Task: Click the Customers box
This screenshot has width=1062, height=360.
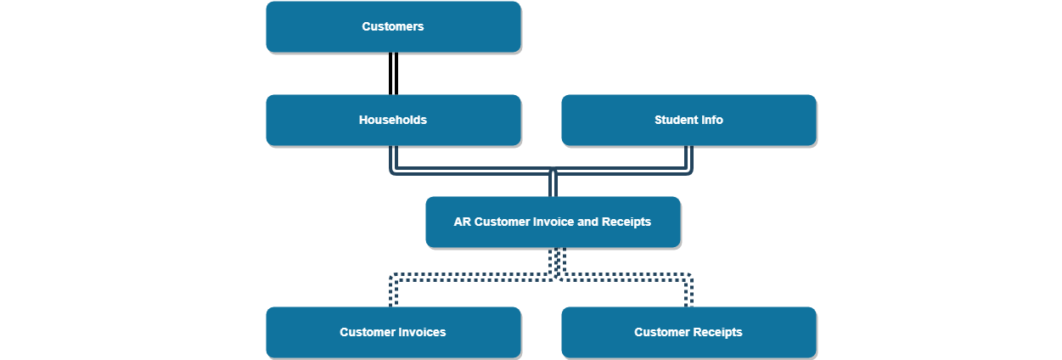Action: point(393,27)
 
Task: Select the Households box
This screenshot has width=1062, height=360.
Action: point(393,121)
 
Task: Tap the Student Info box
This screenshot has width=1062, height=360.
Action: point(688,121)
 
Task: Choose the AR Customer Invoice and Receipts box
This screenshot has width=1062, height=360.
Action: point(553,222)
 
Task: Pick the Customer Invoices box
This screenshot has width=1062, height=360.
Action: point(393,332)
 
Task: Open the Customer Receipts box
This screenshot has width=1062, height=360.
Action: point(688,332)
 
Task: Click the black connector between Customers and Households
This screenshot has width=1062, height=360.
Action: point(393,74)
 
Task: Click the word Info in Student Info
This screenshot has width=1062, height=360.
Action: point(711,121)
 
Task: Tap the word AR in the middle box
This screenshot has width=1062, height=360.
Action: point(462,222)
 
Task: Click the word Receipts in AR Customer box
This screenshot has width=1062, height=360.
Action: point(627,222)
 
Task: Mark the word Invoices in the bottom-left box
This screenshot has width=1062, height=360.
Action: point(422,332)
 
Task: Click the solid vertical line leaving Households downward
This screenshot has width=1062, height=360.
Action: point(393,158)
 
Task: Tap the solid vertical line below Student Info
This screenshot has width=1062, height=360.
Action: point(688,158)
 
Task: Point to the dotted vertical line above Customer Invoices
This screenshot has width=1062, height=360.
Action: point(393,292)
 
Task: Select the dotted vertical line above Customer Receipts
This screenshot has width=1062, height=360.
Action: point(688,292)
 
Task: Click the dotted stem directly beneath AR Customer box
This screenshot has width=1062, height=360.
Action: point(557,260)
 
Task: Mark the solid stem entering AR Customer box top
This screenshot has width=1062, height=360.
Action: point(553,184)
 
